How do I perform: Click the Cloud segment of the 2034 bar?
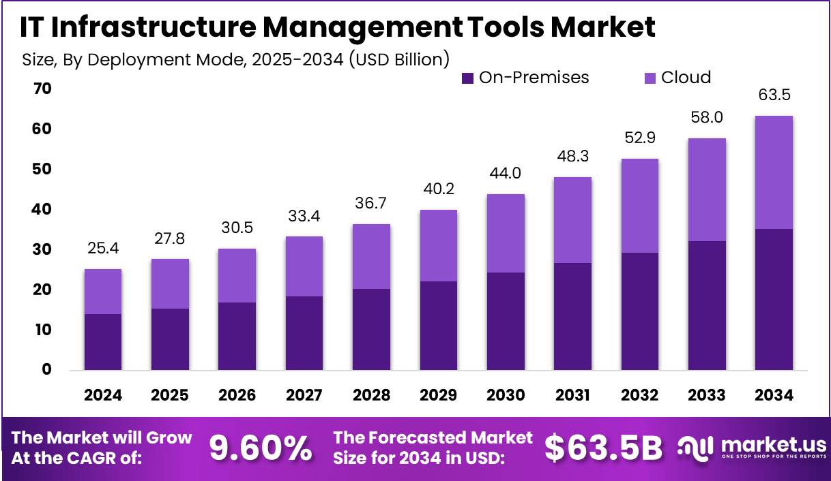[774, 172]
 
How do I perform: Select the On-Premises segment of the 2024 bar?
[102, 341]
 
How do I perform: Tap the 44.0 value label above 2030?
[506, 174]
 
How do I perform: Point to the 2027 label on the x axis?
[304, 395]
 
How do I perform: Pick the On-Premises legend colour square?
[467, 78]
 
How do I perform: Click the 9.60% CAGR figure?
[260, 448]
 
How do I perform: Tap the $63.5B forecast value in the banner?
[603, 448]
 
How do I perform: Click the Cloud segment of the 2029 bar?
[438, 245]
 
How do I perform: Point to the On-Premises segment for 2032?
[640, 311]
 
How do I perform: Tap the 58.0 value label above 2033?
[707, 117]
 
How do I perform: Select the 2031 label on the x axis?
[572, 395]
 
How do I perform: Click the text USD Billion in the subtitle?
[399, 59]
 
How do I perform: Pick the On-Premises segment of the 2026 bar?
[237, 336]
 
